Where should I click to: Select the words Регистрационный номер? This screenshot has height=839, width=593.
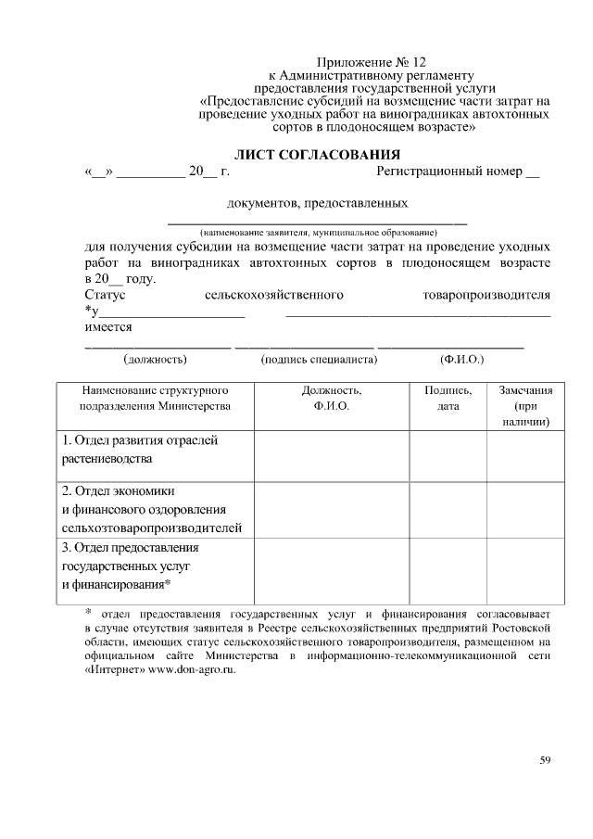(x=448, y=172)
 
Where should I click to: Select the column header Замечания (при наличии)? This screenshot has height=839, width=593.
(x=525, y=406)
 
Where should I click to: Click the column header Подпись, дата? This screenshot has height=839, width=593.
(x=448, y=399)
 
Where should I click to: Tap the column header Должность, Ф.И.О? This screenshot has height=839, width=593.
(x=331, y=399)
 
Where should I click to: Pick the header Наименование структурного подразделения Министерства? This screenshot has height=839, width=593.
(x=155, y=399)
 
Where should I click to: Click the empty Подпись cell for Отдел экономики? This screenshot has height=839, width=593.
(x=448, y=509)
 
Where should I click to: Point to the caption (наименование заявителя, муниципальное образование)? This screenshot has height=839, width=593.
(x=316, y=231)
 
